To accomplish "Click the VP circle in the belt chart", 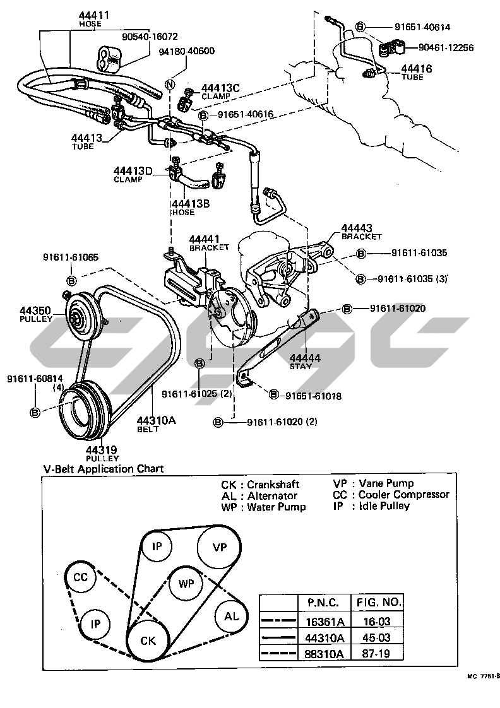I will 218,546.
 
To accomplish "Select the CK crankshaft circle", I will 148,640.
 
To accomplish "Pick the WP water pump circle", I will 186,584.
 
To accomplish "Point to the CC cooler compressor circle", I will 80,577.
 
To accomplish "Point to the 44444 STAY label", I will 305,358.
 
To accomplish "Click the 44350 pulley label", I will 38,311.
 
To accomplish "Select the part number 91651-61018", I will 313,396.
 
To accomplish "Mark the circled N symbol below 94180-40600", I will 169,84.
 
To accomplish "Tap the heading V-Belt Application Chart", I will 104,469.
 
